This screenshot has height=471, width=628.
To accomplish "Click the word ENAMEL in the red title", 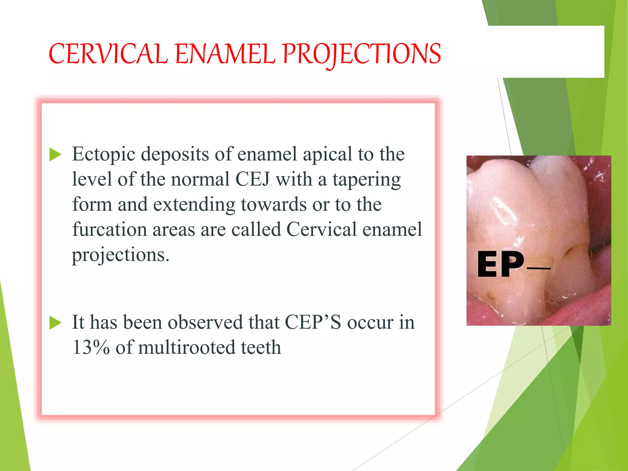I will [225, 54].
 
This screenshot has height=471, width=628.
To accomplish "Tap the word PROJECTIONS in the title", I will [362, 54].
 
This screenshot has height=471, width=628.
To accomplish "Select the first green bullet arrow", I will [56, 154].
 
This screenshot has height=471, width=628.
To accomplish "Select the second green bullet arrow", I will [56, 323].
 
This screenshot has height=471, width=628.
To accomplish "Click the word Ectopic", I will [103, 154].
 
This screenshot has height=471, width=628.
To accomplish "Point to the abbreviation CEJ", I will [252, 179].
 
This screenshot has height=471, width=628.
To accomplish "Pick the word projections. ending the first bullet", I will [120, 255].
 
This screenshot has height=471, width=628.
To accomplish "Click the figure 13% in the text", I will [91, 348].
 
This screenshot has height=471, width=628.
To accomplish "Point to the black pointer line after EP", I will [538, 268].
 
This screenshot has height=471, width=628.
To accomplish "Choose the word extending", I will [194, 205].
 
